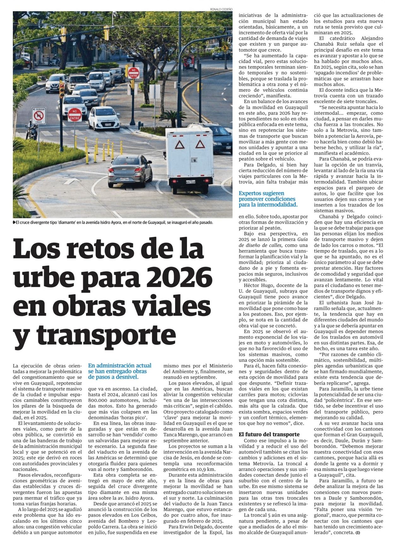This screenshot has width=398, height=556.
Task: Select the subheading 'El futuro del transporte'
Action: [x=269, y=434]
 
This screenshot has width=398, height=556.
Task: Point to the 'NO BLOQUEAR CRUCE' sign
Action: [x=38, y=116]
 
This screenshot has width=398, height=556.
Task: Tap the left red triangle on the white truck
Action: [x=180, y=145]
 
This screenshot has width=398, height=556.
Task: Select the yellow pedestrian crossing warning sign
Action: [x=225, y=48]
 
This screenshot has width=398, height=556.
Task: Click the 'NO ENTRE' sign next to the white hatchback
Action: [x=75, y=115]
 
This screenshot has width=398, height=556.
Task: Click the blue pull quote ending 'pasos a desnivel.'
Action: [x=120, y=371]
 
